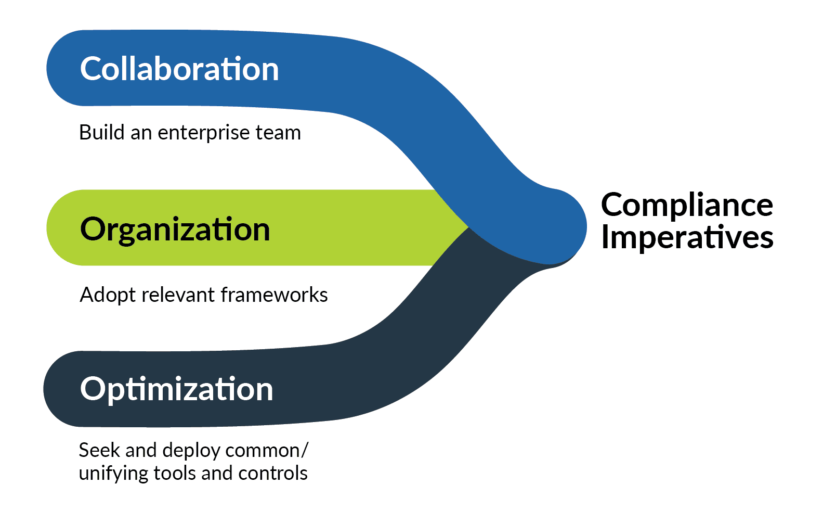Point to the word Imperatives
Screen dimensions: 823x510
click(687, 237)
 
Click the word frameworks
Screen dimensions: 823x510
click(274, 295)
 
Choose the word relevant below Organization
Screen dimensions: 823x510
click(178, 295)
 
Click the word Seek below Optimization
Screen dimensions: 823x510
click(99, 451)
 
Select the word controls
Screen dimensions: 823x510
click(272, 473)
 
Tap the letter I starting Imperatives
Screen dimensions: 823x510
click(604, 237)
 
